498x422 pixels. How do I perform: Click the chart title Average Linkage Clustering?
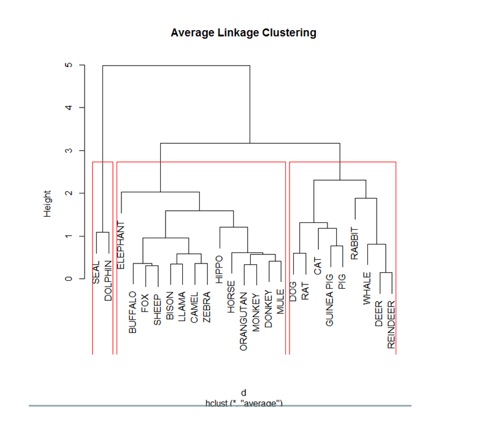243,33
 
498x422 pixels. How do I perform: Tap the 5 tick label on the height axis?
69,64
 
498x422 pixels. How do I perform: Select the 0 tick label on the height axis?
69,279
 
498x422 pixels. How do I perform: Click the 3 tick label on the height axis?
69,150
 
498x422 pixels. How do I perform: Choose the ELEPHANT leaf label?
121,244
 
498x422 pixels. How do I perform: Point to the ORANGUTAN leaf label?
243,321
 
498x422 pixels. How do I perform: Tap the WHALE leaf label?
367,287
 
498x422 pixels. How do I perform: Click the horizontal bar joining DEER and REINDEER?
385,273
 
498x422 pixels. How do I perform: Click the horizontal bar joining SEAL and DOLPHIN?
102,232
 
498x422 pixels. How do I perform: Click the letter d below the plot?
243,393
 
